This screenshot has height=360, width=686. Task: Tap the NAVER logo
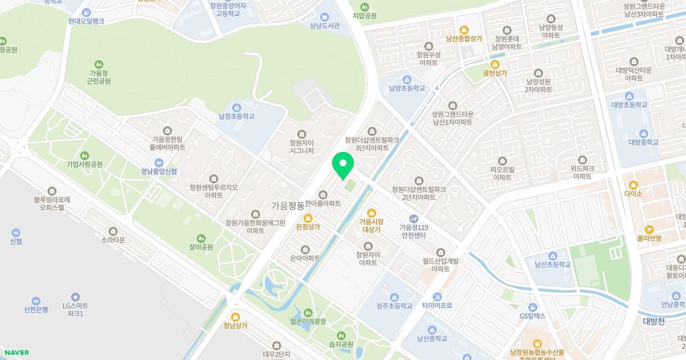pos(17,353)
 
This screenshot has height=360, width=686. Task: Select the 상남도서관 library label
pos(325,26)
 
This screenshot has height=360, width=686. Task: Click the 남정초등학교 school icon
pos(236,107)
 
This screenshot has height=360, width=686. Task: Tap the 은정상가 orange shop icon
pos(308,218)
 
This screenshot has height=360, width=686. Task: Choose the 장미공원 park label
pos(201,247)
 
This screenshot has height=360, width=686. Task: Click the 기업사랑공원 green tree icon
pos(85,155)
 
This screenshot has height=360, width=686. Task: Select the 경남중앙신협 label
pos(159,171)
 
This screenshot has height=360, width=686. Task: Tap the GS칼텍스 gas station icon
pos(533,307)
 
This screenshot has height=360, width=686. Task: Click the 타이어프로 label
pos(437,305)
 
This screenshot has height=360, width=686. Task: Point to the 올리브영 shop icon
pos(649,229)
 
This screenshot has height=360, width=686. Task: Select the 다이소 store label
pos(633,193)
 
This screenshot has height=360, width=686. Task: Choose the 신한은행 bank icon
pos(36,301)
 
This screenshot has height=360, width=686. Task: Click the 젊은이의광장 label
pos(308,321)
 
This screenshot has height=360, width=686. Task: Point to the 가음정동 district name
pos(288,205)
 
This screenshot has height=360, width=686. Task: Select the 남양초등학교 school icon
pos(407,79)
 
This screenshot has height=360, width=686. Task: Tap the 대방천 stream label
pos(653,321)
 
